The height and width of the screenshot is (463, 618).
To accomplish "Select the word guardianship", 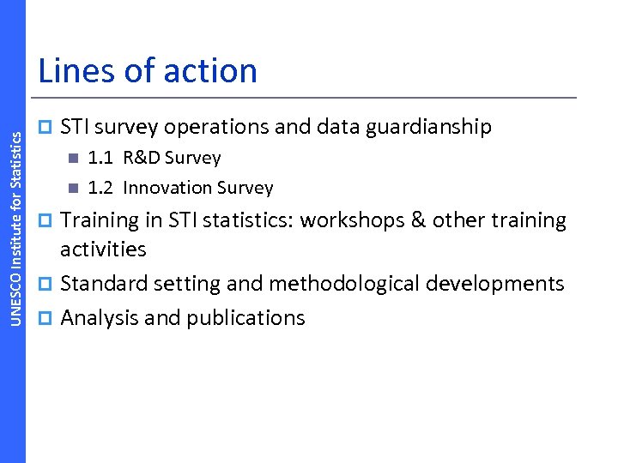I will coord(428,128).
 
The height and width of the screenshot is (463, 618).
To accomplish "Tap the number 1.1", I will coord(101,158).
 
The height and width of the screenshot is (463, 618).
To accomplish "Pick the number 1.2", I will coord(101,188).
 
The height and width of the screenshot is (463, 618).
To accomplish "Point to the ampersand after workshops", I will coord(418,220).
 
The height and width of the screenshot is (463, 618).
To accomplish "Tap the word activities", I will coord(103,250).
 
